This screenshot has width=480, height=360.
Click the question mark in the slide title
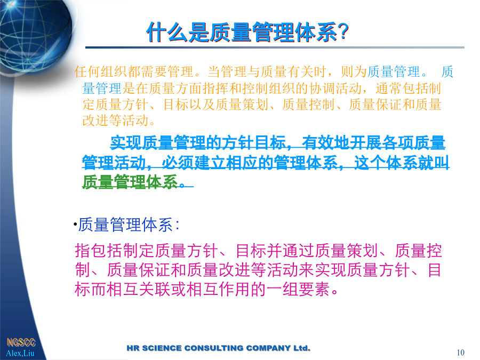point(343,32)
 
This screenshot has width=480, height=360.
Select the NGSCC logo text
point(21,342)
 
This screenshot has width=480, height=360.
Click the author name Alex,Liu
point(20,353)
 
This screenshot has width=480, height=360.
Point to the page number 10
point(460,353)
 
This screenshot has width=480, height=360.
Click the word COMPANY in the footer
point(268,348)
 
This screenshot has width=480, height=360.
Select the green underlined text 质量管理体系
point(130,182)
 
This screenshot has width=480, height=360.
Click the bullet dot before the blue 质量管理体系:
point(75,225)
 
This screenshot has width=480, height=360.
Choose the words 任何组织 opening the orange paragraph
point(101,72)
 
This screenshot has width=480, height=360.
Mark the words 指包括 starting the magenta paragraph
point(99,251)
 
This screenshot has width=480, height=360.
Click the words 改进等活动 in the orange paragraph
point(115,121)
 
